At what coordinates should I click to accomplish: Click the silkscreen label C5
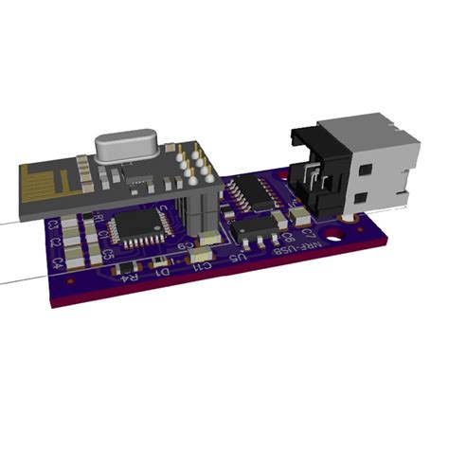[x=109, y=255]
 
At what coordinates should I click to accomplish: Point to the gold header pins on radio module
[x=194, y=162]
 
